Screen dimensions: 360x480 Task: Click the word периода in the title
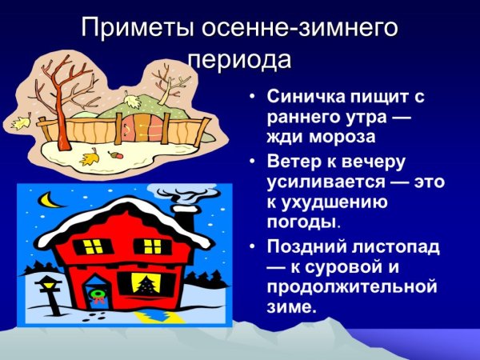239,59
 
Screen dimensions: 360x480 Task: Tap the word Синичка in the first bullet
303,99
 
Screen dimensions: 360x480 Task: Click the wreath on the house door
98,292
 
